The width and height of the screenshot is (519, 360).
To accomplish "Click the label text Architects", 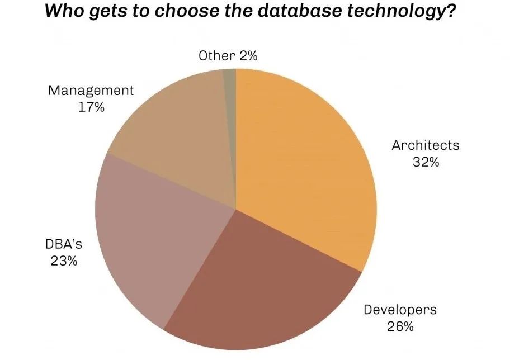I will tap(425, 145).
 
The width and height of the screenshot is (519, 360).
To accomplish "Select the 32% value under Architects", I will tap(425, 163).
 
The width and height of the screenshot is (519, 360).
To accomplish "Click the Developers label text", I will tap(400, 309).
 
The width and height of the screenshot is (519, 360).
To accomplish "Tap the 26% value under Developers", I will tap(400, 326).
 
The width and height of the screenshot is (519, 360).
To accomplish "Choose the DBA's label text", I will tap(60, 244).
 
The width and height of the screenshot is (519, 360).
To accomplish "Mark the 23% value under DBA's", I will tap(60, 261).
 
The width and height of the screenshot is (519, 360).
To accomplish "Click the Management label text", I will tap(91, 90).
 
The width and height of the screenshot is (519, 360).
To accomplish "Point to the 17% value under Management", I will tap(91, 107).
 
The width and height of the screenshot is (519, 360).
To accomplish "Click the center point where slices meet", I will tap(236, 209).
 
